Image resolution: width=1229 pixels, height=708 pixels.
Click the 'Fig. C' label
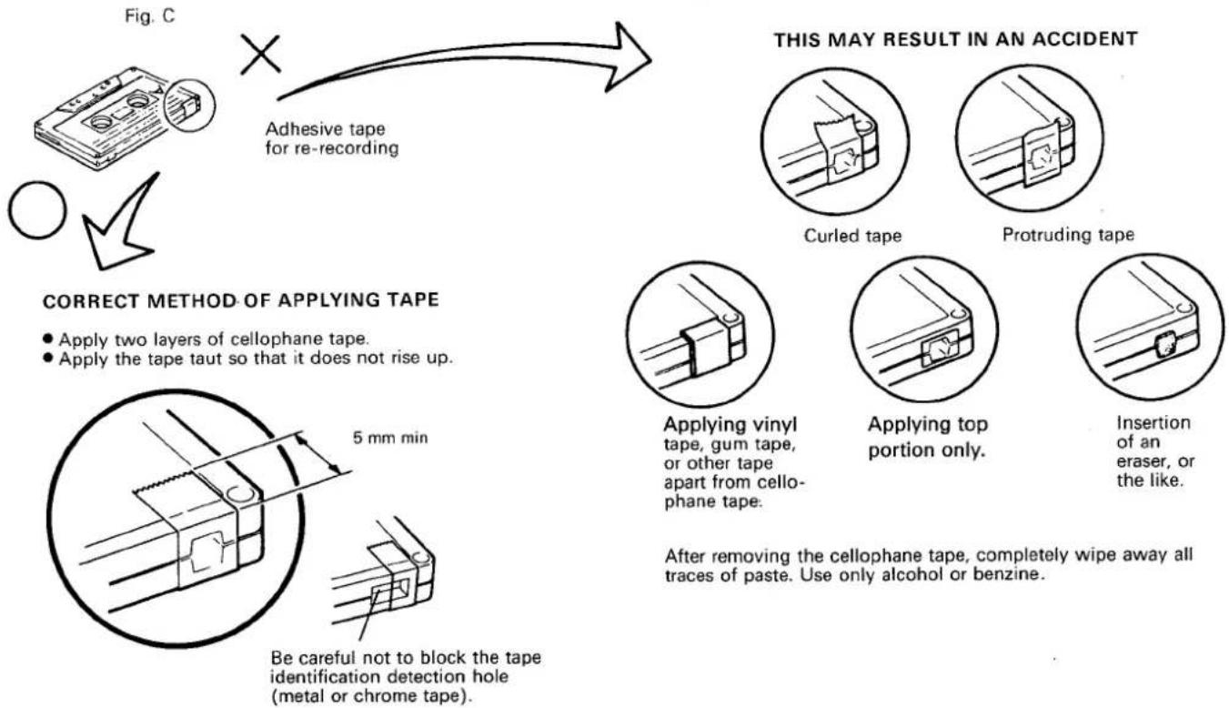149,15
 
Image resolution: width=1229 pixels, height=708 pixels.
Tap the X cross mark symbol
260,55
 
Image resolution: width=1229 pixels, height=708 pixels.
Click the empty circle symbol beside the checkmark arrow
37,210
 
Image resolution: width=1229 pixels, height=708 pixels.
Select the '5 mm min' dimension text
390,438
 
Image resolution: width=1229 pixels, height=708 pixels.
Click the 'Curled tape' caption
852,236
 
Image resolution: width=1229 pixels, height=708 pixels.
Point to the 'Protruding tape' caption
1068,235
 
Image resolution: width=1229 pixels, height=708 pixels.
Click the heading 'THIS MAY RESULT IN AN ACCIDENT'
956,39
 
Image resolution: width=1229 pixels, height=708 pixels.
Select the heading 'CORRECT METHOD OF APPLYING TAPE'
241,300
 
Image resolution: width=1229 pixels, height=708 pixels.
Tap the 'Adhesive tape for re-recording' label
332,138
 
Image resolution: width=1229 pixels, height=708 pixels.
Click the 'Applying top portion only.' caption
928,437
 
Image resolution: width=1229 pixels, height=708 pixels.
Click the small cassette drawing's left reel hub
101,122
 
